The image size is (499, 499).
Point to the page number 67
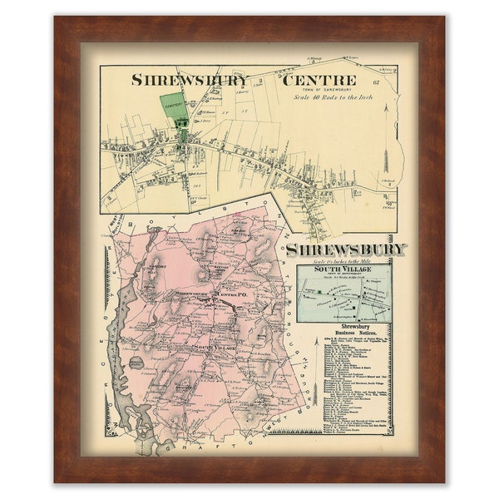pyautogui.click(x=376, y=81)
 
